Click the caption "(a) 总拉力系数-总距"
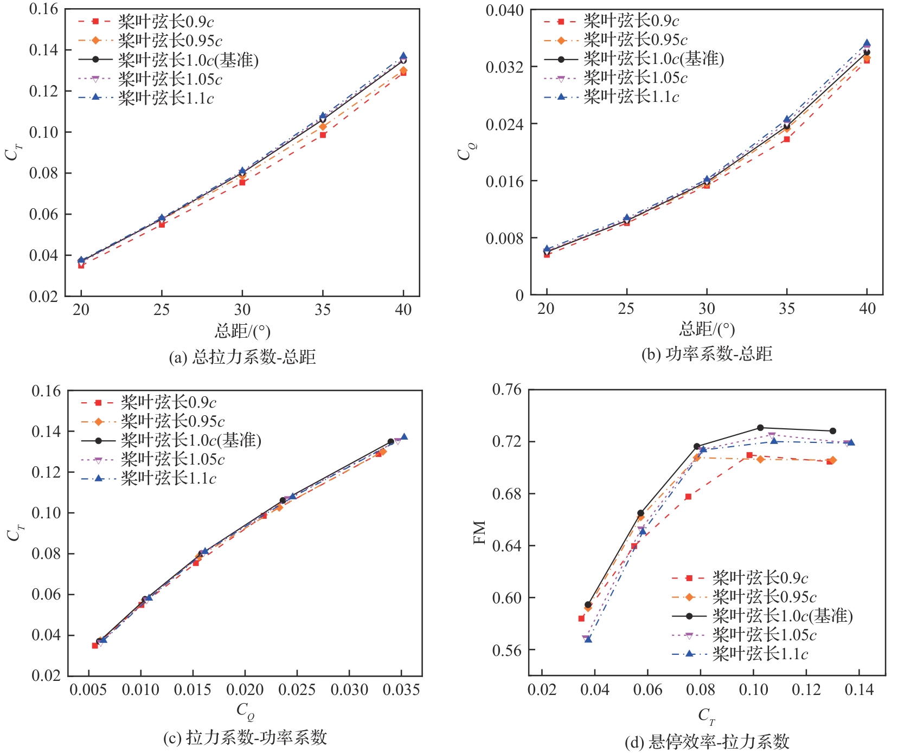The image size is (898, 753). coord(242,357)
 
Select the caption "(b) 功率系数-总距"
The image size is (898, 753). coord(707,354)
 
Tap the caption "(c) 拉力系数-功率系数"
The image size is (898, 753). coord(245,737)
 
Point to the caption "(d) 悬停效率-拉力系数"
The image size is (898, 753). coord(707,741)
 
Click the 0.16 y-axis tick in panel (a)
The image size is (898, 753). coord(43,9)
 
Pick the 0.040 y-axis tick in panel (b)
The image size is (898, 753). coord(504,10)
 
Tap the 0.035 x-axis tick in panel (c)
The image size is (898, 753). coord(401,690)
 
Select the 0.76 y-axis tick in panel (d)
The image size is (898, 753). coord(506,390)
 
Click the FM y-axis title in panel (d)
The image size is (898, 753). coord(479,532)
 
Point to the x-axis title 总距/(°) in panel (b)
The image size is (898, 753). coord(707,329)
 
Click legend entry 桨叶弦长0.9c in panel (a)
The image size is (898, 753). coord(166,22)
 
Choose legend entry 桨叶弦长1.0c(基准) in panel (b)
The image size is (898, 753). coord(653,59)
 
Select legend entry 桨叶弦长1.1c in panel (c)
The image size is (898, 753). coord(168,478)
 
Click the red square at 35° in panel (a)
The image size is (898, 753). coord(323,134)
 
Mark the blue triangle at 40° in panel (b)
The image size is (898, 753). coord(867,43)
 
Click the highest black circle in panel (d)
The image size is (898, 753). coord(760,428)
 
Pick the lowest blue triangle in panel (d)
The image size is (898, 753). coord(588,639)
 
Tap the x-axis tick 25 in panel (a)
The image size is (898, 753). coord(162,310)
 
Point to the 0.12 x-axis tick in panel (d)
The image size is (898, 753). coord(806,690)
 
